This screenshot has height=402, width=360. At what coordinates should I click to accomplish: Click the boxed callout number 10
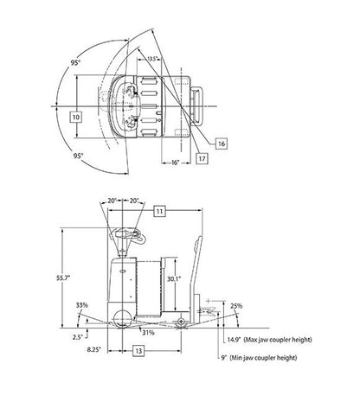76,117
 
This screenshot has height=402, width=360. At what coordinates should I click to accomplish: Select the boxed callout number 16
222,144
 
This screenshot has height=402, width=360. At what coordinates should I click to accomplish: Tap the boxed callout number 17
202,158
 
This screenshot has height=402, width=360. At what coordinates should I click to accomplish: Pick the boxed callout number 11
159,211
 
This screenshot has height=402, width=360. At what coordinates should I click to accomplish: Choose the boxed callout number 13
138,351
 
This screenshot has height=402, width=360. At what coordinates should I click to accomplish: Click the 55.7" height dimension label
63,278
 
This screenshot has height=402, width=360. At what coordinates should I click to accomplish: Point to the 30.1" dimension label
174,278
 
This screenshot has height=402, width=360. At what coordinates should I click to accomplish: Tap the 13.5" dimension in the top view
152,59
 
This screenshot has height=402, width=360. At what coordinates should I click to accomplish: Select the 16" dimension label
175,163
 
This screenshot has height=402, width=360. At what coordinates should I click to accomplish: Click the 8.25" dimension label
94,349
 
